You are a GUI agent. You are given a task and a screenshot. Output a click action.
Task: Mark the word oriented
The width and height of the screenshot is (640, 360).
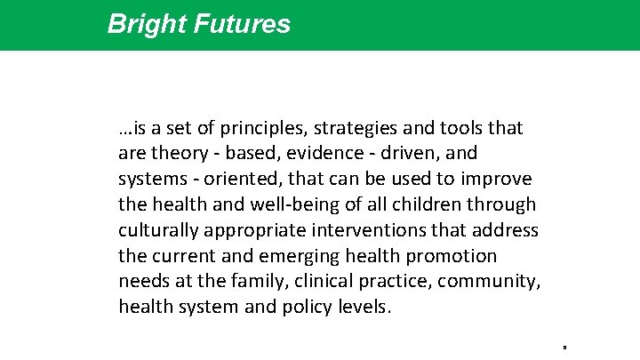tap(240, 180)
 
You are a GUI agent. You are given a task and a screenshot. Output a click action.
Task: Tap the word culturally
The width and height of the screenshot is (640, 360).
tap(159, 231)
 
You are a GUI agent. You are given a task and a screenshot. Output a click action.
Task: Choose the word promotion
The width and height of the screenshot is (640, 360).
tap(453, 257)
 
